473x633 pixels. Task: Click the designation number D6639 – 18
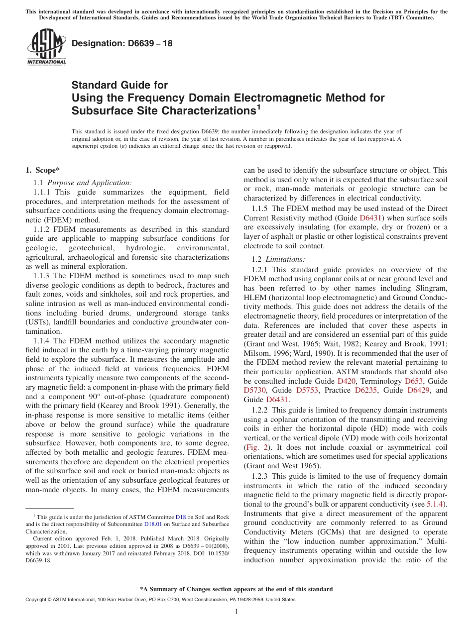122,43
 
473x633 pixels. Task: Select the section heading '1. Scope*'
43,170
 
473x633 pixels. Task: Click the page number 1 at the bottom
236,612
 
